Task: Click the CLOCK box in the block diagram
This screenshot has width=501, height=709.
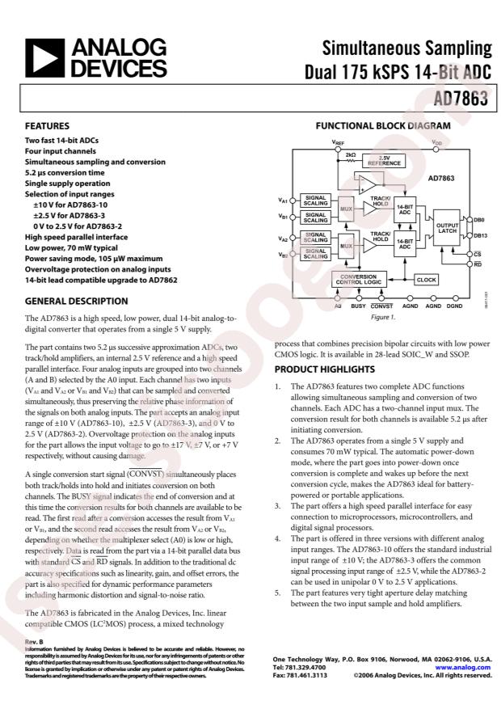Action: pyautogui.click(x=426, y=279)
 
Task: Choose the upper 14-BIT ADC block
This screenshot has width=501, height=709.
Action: pyautogui.click(x=404, y=210)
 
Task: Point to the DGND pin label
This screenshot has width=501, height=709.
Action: pyautogui.click(x=455, y=307)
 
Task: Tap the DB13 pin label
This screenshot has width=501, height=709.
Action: pyautogui.click(x=480, y=235)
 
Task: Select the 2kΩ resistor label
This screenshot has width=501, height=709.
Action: pyautogui.click(x=350, y=154)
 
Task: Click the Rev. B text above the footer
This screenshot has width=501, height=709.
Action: pyautogui.click(x=33, y=641)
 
